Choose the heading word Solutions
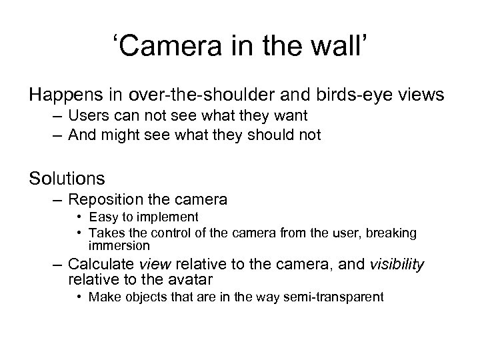click(67, 178)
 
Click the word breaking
click(394, 233)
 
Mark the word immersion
click(123, 245)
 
